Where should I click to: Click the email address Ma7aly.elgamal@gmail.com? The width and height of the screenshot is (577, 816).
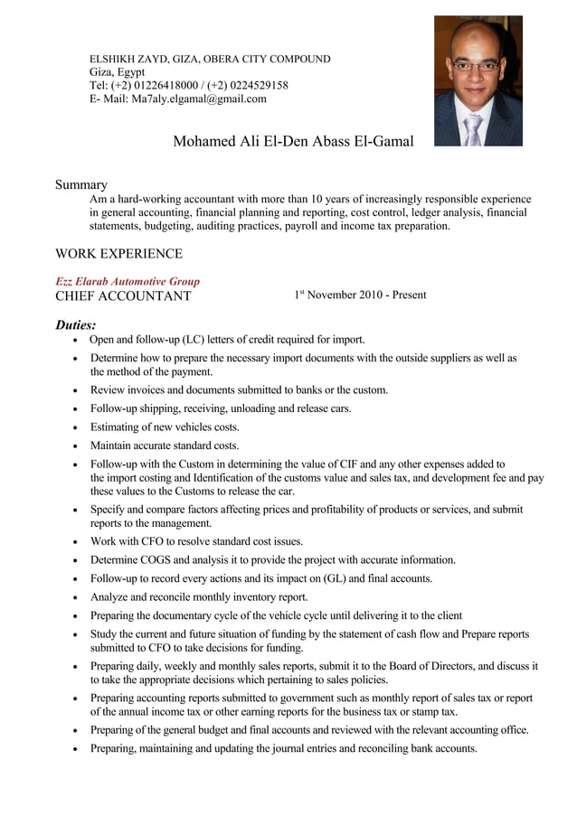point(199,98)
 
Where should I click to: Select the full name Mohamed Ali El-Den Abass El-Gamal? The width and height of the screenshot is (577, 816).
point(293,142)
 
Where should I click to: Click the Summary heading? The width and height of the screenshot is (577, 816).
point(80,184)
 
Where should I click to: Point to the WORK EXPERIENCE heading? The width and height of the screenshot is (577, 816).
point(118,254)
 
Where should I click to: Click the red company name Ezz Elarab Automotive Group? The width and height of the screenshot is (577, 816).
point(128,281)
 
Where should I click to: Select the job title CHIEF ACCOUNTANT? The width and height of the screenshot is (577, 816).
point(123,296)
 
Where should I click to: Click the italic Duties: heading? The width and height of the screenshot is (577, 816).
point(75,324)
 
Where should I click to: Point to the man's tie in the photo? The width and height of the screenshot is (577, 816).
point(473,129)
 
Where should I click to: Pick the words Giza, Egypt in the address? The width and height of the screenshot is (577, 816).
point(117,72)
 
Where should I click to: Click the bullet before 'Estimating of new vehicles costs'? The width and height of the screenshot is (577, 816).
point(75,427)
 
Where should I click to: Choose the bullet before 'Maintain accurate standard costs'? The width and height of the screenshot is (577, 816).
point(75,446)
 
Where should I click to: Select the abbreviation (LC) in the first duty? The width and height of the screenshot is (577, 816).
point(193,340)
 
